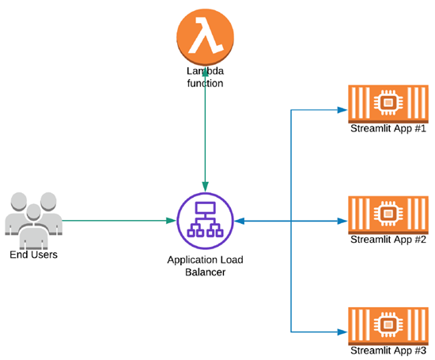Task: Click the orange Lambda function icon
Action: [x=205, y=36]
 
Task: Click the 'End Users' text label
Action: [x=33, y=255]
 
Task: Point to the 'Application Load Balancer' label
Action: [x=205, y=265]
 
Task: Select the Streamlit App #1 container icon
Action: [x=388, y=104]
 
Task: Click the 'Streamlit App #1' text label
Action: [x=388, y=129]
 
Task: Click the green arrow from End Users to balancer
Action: [x=119, y=221]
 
